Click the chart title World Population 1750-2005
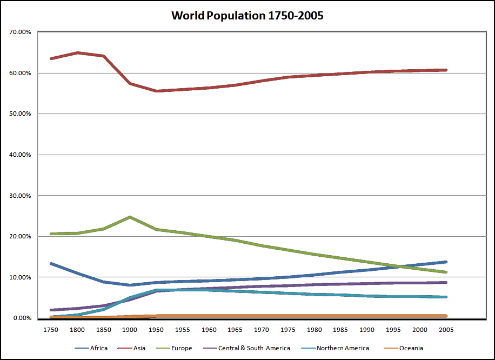coord(247,15)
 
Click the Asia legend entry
coord(139,348)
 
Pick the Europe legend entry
coord(181,348)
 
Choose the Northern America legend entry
coord(343,348)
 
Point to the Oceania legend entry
coord(412,348)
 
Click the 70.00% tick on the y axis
coord(20,32)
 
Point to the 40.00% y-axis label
coord(20,155)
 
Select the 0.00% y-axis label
coord(22,318)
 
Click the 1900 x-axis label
coord(130,329)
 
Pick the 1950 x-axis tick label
coord(156,329)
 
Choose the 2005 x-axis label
coord(446,329)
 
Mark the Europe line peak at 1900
coord(130,217)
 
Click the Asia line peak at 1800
coord(78,52)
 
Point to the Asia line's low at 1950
coord(157,91)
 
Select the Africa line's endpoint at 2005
coord(446,262)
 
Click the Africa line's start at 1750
coord(51,263)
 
